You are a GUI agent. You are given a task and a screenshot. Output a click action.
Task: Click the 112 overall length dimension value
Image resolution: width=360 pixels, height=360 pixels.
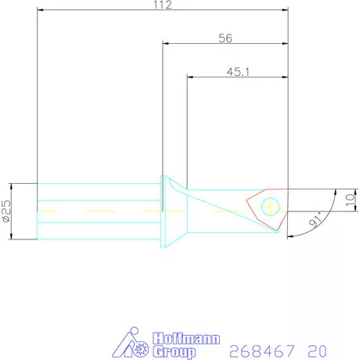coord(163,5)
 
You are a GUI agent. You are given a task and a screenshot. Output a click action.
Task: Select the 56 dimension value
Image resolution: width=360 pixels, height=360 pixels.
coord(225,38)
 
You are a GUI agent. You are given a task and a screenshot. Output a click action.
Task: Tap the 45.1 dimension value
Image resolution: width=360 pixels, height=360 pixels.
coord(238,72)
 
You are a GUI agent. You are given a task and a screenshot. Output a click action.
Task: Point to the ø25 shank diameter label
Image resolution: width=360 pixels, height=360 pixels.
coord(7,211)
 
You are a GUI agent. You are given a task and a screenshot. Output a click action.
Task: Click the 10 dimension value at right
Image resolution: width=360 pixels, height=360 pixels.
coord(350,200)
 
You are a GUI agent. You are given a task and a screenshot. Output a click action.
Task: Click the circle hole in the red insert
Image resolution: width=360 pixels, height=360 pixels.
coord(270,207)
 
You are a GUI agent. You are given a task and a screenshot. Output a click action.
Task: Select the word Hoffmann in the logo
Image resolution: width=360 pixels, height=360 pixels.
coord(186,339)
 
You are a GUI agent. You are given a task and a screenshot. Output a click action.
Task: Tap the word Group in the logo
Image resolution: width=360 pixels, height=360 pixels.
coord(174,352)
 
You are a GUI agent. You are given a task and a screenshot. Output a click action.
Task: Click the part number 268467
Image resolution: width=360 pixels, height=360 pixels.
coord(262,351)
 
